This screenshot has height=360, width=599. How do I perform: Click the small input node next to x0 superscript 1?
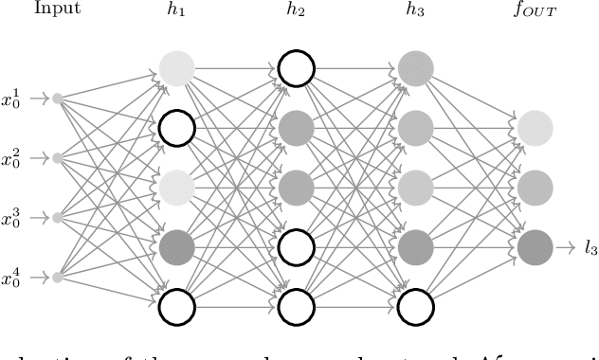[58, 98]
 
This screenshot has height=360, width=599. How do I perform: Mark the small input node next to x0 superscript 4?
[58, 277]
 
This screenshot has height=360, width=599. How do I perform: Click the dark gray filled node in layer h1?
[176, 247]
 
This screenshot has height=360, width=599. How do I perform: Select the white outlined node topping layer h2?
[295, 67]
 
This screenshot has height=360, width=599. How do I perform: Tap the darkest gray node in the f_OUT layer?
[535, 246]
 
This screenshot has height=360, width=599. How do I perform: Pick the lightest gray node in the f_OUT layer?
[535, 127]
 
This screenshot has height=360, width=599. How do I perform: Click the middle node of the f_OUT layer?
[535, 187]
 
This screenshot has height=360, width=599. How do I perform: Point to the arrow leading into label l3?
[565, 247]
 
